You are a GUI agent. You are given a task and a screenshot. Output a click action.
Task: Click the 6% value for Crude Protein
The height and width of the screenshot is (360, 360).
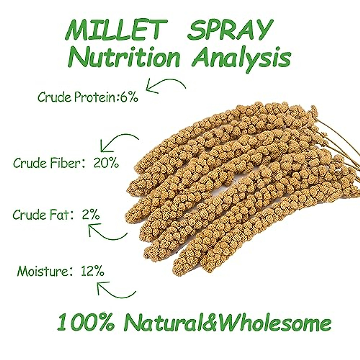click(x=129, y=97)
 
